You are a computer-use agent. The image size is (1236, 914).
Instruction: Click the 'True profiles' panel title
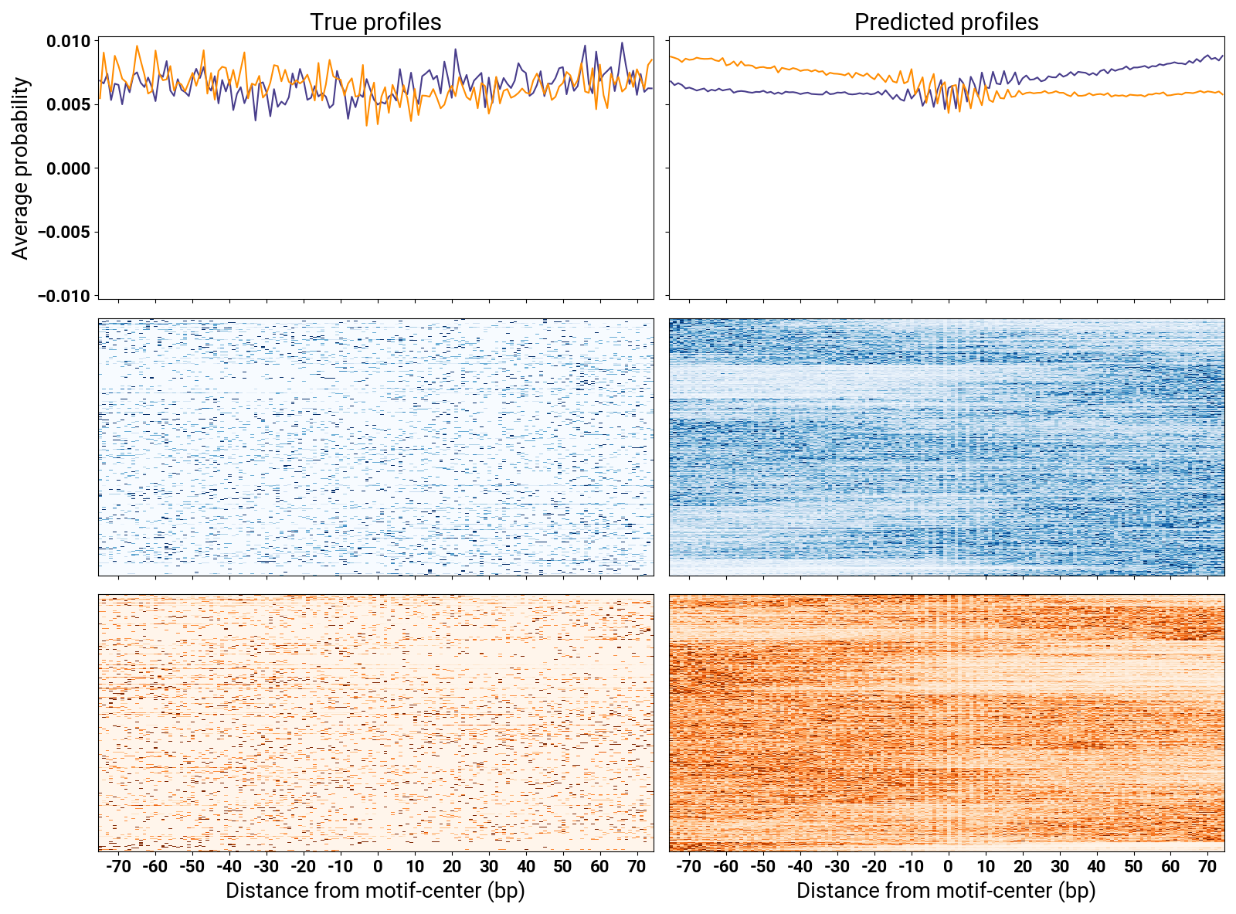click(375, 22)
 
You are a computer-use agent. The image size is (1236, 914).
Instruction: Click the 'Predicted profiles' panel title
click(946, 22)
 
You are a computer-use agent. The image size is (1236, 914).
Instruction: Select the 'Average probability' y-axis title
click(21, 168)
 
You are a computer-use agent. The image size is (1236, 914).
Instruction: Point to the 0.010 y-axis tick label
click(68, 41)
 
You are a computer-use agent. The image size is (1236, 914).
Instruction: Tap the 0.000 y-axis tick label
click(68, 168)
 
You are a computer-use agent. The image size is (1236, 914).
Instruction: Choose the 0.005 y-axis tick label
click(68, 105)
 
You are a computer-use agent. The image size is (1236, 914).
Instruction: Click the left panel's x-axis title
click(375, 891)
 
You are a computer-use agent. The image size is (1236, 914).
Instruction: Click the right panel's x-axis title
click(946, 891)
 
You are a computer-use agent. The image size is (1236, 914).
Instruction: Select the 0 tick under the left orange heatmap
click(378, 867)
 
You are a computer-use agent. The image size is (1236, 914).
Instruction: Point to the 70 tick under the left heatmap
click(637, 867)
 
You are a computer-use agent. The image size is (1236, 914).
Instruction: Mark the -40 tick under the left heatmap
click(229, 867)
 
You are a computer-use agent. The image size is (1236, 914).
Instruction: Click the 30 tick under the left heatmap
click(489, 867)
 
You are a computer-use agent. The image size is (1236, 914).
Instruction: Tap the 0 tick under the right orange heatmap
click(948, 867)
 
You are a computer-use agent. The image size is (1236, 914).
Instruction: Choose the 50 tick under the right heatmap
click(1133, 867)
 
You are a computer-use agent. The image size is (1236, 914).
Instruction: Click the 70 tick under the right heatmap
click(1207, 867)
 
